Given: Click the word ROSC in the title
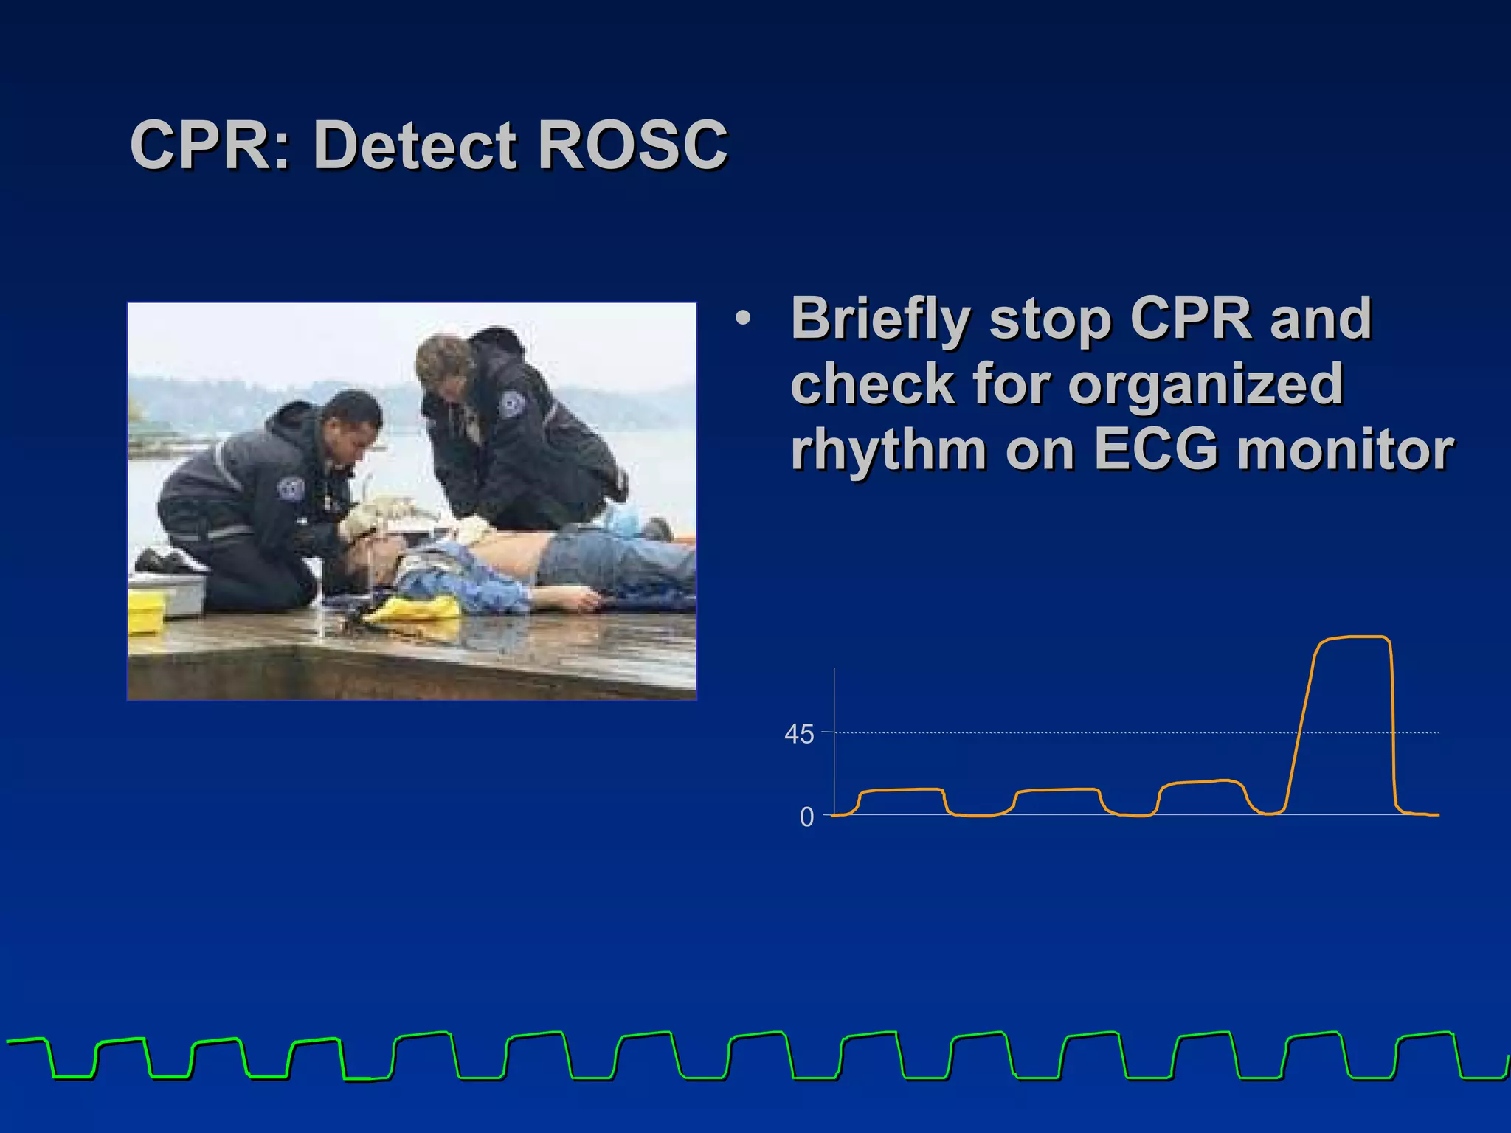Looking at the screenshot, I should (632, 145).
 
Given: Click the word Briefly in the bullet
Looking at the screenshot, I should (880, 319).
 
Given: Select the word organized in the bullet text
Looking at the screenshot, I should (1205, 384).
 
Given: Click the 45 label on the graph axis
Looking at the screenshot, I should (799, 735).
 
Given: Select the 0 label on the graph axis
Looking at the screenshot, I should (806, 817).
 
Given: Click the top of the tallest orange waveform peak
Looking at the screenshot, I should (1354, 637).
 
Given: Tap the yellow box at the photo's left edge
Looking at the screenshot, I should (145, 612).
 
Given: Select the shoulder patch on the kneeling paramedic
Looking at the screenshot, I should (290, 490).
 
